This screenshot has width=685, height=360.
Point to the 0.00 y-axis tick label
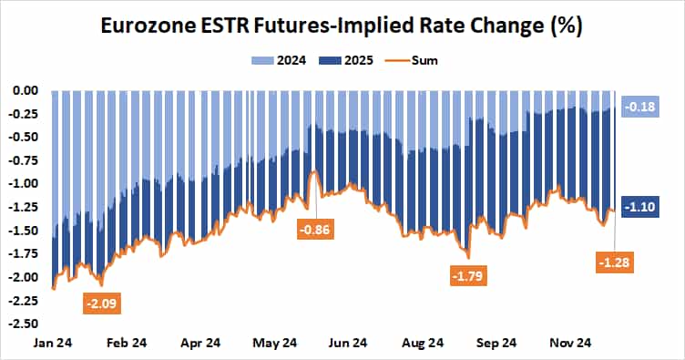25,90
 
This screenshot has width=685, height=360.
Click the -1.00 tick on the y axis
25,183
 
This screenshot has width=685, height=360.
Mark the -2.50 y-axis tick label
25,323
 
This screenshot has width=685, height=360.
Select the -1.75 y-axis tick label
25,253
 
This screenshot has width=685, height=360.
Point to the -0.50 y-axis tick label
25,137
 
